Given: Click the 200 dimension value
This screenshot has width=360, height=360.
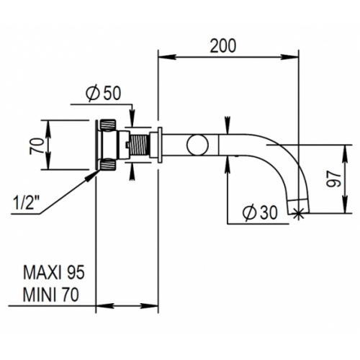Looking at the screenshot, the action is [223, 46].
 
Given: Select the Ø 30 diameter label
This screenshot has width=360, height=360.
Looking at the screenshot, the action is [259, 212].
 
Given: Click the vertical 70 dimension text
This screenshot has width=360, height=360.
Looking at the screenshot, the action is [37, 146].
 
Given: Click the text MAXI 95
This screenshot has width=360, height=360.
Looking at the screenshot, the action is [54, 273].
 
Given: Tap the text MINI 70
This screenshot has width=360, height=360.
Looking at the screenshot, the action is [51, 294].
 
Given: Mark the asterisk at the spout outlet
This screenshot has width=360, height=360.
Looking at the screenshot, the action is [298, 212].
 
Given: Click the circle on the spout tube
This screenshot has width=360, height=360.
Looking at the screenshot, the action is [198, 145].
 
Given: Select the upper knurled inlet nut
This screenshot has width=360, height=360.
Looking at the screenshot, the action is [108, 126].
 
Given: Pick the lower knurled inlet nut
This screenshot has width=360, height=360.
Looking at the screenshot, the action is [108, 164].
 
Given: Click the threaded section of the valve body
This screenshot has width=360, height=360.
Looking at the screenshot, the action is [140, 145].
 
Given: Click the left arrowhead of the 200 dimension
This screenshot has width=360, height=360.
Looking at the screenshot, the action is [166, 58].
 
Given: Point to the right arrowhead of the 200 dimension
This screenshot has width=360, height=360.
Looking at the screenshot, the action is [289, 58].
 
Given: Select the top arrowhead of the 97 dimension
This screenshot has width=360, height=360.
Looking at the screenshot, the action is [345, 153].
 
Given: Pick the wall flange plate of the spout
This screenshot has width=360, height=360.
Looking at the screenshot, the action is [160, 145].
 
